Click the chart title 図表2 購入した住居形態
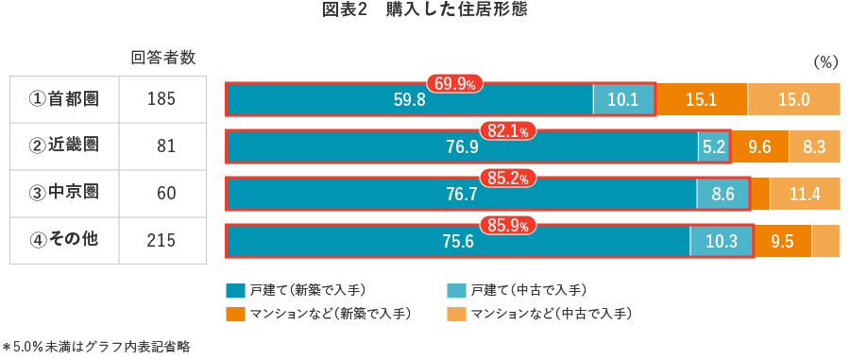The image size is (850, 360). coord(424,12)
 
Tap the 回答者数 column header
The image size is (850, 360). coord(162,58)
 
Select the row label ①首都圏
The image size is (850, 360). coord(64,98)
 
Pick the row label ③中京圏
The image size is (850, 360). coord(64,193)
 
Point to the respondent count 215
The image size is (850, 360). coord(162,241)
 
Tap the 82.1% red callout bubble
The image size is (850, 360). coord(508,131)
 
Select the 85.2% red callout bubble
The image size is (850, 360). coord(508,178)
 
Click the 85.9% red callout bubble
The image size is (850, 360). coord(508,226)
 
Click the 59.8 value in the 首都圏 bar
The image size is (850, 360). coord(409,99)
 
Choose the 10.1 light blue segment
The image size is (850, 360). coord(623,99)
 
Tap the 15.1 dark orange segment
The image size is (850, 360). coord(701,99)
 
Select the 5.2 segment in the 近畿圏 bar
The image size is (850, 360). coord(713,146)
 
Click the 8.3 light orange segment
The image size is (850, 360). coord(814,146)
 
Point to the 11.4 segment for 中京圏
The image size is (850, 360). coord(804,194)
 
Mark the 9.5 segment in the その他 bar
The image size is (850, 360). coord(782,241)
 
